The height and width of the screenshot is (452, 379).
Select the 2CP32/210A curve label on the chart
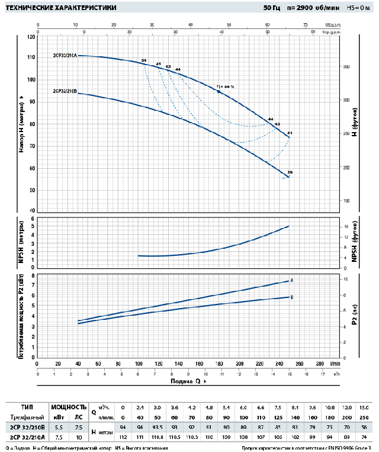click(x=65, y=55)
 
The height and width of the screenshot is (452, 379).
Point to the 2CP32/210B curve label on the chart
click(x=65, y=91)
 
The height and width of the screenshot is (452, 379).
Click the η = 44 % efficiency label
click(x=225, y=86)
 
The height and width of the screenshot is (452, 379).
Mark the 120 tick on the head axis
click(x=31, y=36)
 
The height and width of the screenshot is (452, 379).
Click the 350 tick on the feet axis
click(x=347, y=67)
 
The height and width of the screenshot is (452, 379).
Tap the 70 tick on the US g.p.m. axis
click(x=306, y=25)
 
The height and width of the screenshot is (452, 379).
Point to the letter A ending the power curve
click(x=292, y=280)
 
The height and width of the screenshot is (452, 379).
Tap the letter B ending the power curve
click(x=292, y=297)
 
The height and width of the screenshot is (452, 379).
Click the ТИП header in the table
click(x=27, y=407)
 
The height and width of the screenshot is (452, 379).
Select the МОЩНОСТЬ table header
click(x=69, y=407)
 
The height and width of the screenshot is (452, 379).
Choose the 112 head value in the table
click(x=123, y=437)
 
